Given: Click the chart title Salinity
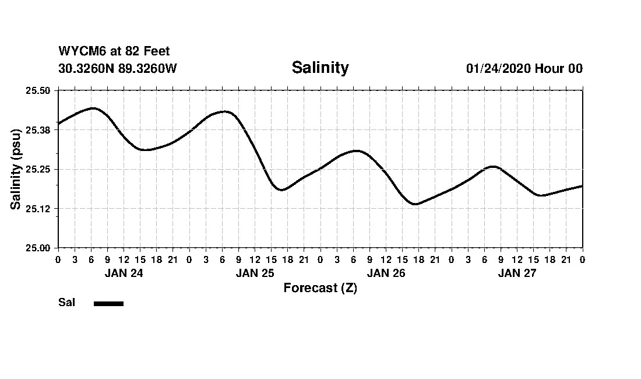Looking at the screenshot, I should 320,68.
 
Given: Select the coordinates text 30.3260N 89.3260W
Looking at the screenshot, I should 118,68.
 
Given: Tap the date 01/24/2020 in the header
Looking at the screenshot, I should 498,69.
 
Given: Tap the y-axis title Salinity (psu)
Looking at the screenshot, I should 16,169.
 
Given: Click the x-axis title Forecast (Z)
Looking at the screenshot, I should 320,288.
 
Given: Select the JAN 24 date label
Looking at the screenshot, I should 124,273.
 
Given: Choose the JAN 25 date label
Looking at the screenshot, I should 255,273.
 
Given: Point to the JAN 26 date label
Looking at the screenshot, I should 386,273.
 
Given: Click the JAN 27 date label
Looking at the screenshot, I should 517,273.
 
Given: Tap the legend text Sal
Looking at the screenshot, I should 66,303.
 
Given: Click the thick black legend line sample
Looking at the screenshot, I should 108,303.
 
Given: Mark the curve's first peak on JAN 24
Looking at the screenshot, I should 93,108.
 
